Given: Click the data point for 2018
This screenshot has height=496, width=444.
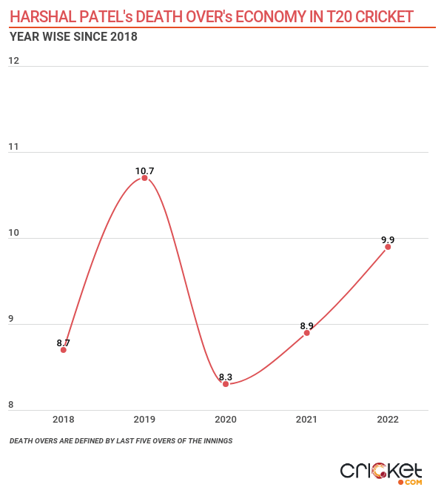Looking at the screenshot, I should [64, 349].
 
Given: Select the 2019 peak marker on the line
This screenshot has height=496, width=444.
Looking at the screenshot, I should [145, 178].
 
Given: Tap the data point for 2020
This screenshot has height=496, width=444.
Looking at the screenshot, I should [226, 384].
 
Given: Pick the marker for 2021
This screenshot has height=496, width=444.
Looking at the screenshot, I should [307, 333].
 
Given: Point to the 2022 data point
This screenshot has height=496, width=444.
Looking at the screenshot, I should [388, 247].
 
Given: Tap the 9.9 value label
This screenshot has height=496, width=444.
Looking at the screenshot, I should [388, 239].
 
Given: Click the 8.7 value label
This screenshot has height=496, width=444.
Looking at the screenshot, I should [64, 343].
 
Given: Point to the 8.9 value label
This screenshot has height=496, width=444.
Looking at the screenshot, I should [307, 325].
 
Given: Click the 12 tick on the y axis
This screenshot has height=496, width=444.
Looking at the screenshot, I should [13, 61].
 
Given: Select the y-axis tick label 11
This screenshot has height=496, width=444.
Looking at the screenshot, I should [13, 148].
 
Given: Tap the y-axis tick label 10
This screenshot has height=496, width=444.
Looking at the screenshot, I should [13, 233].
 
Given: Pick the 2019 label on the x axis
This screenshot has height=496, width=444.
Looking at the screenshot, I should [145, 420].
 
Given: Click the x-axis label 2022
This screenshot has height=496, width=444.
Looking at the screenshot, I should [388, 420].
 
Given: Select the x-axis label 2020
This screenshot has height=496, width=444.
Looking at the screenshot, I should [226, 420].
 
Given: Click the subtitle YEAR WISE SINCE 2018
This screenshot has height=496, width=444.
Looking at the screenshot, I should [73, 36].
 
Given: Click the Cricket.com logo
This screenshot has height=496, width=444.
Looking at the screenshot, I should [381, 472].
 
